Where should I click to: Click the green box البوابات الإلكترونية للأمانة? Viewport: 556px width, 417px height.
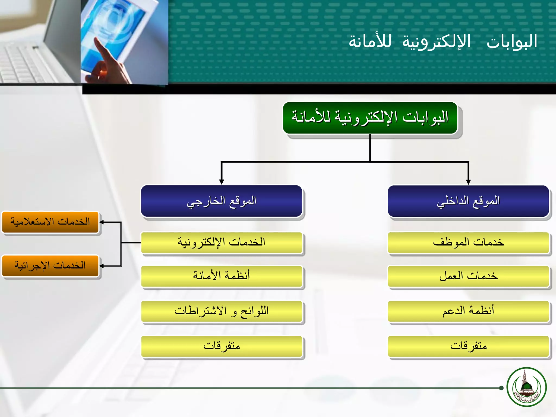[370, 118]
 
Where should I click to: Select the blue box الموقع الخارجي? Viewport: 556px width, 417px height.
[222, 201]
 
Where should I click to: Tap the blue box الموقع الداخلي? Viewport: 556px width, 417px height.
[468, 201]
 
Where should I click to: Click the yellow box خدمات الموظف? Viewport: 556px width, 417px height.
[468, 242]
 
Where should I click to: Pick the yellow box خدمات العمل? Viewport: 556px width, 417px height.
[468, 276]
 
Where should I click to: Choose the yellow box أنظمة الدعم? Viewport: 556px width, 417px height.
[468, 311]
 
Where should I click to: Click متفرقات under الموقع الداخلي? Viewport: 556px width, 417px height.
[468, 346]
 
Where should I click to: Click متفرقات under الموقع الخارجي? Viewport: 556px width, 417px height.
[222, 346]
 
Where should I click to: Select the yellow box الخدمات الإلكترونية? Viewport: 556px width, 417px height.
[222, 242]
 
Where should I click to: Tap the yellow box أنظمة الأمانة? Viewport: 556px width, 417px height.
[222, 276]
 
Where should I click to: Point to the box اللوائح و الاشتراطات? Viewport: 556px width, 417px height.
[222, 311]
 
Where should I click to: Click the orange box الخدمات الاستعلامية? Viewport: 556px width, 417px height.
[50, 222]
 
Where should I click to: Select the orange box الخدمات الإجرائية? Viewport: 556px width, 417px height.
[50, 266]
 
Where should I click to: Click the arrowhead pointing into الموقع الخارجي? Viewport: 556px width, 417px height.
[222, 182]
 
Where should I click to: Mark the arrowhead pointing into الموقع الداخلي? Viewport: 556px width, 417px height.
[468, 182]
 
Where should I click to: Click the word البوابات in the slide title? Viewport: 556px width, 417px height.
[512, 42]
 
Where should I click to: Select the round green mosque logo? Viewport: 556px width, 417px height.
[527, 387]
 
